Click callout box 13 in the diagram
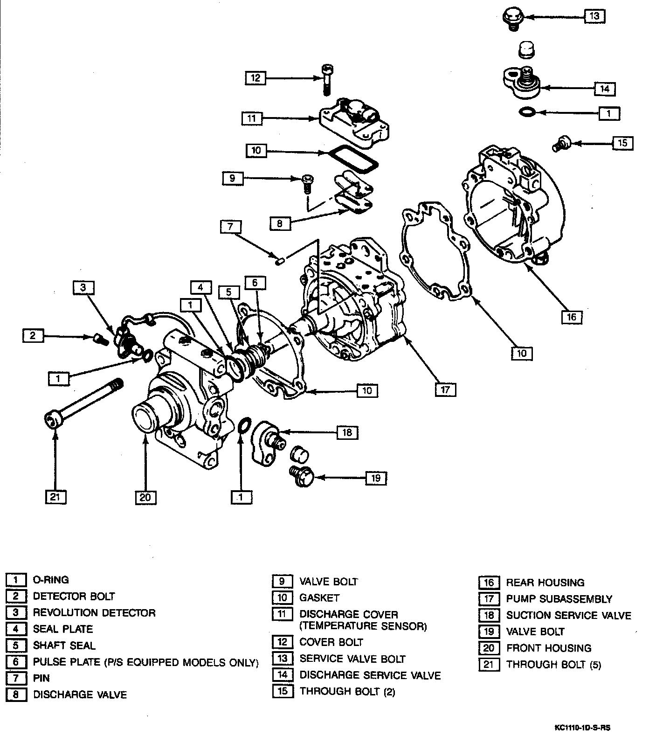(594, 16)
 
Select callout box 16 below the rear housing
(572, 317)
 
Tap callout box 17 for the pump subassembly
(445, 389)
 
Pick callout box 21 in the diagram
(55, 497)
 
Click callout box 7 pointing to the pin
(231, 227)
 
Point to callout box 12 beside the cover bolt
(255, 77)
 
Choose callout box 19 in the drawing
(376, 478)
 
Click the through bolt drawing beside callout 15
(559, 143)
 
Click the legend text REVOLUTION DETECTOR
(94, 612)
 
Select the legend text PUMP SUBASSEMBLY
(559, 599)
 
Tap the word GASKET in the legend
(319, 597)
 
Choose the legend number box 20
(489, 648)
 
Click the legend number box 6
(16, 662)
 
